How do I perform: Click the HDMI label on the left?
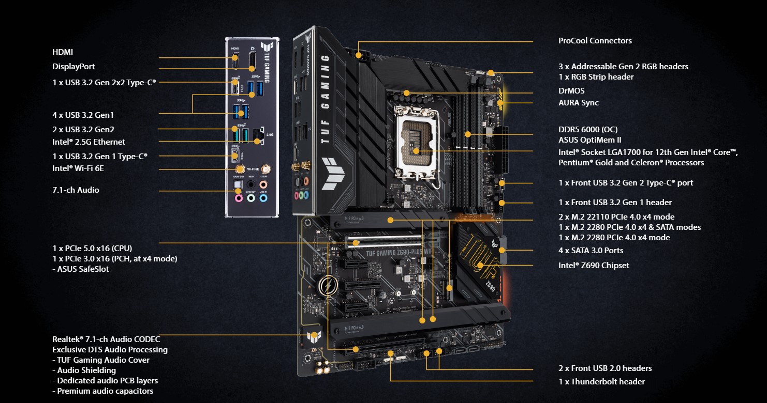point(63,52)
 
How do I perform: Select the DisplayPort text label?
point(73,67)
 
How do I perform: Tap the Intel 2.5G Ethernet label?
point(89,142)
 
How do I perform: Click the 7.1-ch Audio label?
point(76,190)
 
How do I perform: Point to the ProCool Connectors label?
point(595,41)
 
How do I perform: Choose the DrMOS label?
point(571,91)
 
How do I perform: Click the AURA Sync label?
point(578,103)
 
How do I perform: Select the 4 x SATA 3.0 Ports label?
point(591,251)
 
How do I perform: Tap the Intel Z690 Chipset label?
point(594,266)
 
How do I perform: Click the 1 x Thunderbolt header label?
point(601,382)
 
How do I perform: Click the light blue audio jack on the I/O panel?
point(263,197)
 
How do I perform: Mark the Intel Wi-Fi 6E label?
point(81,168)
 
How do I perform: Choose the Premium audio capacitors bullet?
point(102,391)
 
